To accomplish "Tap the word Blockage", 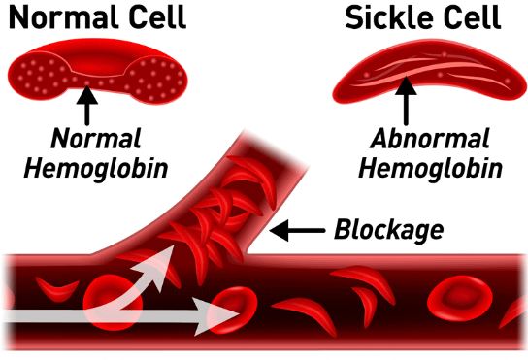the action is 388,230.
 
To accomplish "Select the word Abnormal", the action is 429,138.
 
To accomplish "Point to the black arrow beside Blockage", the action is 297,230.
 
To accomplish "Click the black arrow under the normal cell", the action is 87,106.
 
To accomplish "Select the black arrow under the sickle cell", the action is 406,101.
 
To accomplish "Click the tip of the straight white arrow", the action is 240,314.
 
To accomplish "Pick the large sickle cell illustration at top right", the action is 428,72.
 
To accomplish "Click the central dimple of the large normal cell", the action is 98,62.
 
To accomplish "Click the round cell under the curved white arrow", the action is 113,302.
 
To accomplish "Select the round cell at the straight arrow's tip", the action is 232,310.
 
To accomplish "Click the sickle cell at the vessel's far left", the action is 56,289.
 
